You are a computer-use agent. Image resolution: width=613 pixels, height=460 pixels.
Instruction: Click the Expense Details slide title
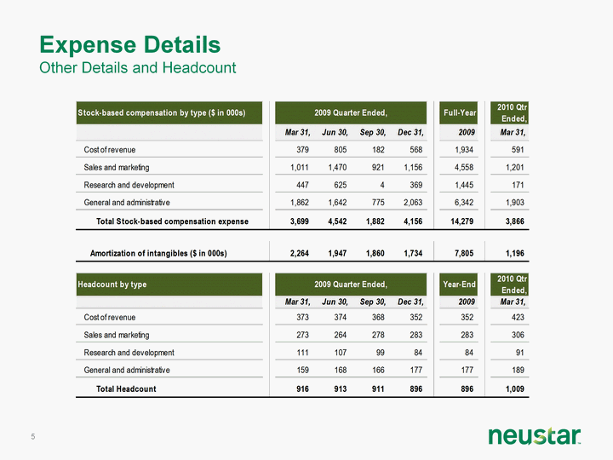coord(130,44)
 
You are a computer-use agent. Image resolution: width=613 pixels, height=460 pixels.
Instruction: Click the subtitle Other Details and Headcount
coord(138,67)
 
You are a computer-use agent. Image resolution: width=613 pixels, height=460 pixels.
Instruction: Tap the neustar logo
coord(535,436)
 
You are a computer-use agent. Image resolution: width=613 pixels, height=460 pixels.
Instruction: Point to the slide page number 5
coord(33,436)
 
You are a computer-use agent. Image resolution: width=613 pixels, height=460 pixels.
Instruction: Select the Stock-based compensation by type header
coord(162,112)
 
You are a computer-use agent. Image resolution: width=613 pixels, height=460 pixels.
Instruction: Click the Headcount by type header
coord(112,285)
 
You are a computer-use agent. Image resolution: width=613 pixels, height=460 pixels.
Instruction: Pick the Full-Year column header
coord(460,112)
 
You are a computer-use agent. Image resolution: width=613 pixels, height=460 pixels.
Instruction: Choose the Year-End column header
coord(460,285)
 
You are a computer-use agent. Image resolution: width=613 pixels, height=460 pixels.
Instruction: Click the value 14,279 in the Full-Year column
coord(462,221)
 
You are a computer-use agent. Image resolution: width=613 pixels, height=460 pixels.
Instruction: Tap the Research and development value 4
coord(382,185)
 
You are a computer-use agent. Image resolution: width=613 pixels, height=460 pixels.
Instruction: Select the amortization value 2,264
coord(300,254)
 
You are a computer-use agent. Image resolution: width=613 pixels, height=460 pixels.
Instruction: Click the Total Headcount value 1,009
coord(515,388)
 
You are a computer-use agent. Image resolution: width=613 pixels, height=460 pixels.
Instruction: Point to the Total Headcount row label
coord(126,388)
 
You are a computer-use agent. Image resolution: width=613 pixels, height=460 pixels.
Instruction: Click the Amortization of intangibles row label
coord(158,254)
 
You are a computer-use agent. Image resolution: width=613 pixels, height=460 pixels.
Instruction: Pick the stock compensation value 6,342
coord(464,203)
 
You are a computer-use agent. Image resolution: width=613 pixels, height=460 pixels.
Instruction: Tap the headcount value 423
coord(518,317)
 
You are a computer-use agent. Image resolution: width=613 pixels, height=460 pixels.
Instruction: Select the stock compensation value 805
coord(340,150)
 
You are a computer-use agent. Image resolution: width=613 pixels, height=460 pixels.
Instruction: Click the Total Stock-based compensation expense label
coord(172,221)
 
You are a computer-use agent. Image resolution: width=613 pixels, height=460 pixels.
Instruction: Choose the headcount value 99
coord(380,353)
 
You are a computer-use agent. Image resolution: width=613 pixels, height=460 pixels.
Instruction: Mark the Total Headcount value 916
coord(302,388)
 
